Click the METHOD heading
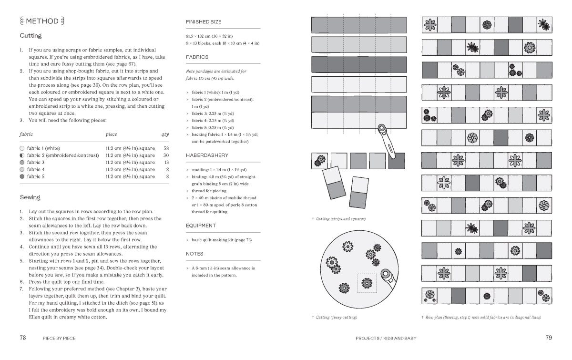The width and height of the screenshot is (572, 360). [x=42, y=21]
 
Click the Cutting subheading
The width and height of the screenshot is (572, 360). [x=31, y=36]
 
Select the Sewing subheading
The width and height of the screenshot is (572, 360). [x=30, y=197]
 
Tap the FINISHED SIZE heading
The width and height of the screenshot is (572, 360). [x=204, y=22]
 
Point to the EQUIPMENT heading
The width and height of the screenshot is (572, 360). [x=201, y=226]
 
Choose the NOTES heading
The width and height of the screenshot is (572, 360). [x=194, y=254]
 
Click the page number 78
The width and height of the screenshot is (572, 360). [x=22, y=338]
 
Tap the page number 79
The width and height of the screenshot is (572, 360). [x=549, y=338]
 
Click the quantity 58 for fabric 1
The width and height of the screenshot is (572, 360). [x=166, y=148]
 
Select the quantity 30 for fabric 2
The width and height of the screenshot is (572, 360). [x=166, y=155]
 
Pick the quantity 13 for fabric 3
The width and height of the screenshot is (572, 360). [x=166, y=163]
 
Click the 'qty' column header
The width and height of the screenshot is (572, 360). [x=165, y=134]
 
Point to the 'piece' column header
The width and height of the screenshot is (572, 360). [x=111, y=134]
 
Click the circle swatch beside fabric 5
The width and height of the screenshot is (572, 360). [x=22, y=176]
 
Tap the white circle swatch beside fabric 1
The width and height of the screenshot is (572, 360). [x=22, y=148]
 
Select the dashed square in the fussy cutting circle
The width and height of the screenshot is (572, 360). [x=367, y=283]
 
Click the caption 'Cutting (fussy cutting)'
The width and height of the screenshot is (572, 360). [x=337, y=318]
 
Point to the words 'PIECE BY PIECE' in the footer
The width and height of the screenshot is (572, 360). [x=59, y=339]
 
